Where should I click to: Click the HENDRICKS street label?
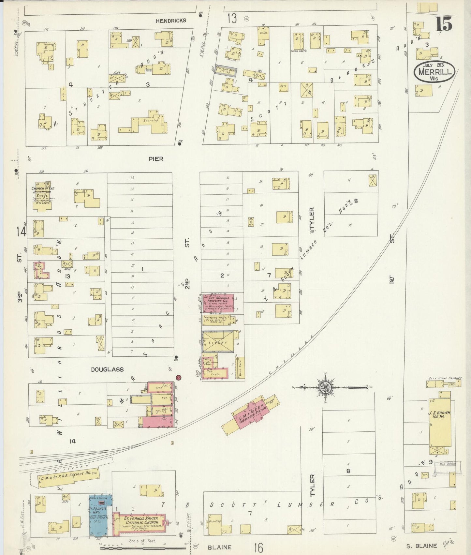tap(171, 21)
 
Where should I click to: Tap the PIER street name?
tap(156, 159)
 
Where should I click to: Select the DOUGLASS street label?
tap(107, 369)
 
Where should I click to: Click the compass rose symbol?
tap(328, 387)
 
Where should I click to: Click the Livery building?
tap(218, 342)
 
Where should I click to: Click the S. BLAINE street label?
tap(421, 546)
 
